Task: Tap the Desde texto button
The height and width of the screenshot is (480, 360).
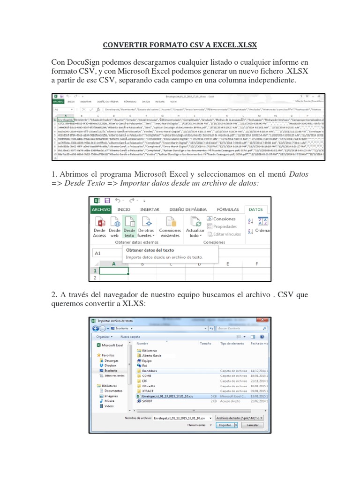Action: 129,227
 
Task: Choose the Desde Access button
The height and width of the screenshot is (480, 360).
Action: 100,227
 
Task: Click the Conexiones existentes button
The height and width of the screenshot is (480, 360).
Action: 170,227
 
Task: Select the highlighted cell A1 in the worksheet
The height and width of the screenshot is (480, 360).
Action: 113,271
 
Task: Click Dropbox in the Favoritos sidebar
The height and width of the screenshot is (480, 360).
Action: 110,365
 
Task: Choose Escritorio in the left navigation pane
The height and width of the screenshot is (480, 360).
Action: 112,370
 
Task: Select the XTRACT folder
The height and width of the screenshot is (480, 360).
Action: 148,390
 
